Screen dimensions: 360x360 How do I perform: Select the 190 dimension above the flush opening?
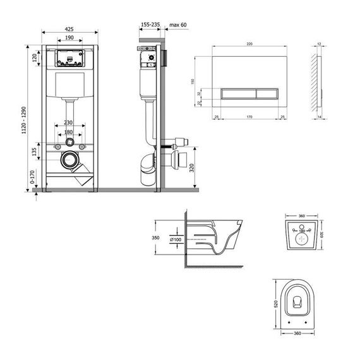69,38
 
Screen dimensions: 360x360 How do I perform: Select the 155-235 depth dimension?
150,23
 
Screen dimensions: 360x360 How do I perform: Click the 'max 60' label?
179,23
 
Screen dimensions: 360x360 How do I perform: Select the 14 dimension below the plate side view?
321,117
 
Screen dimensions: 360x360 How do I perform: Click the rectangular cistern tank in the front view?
69,86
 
